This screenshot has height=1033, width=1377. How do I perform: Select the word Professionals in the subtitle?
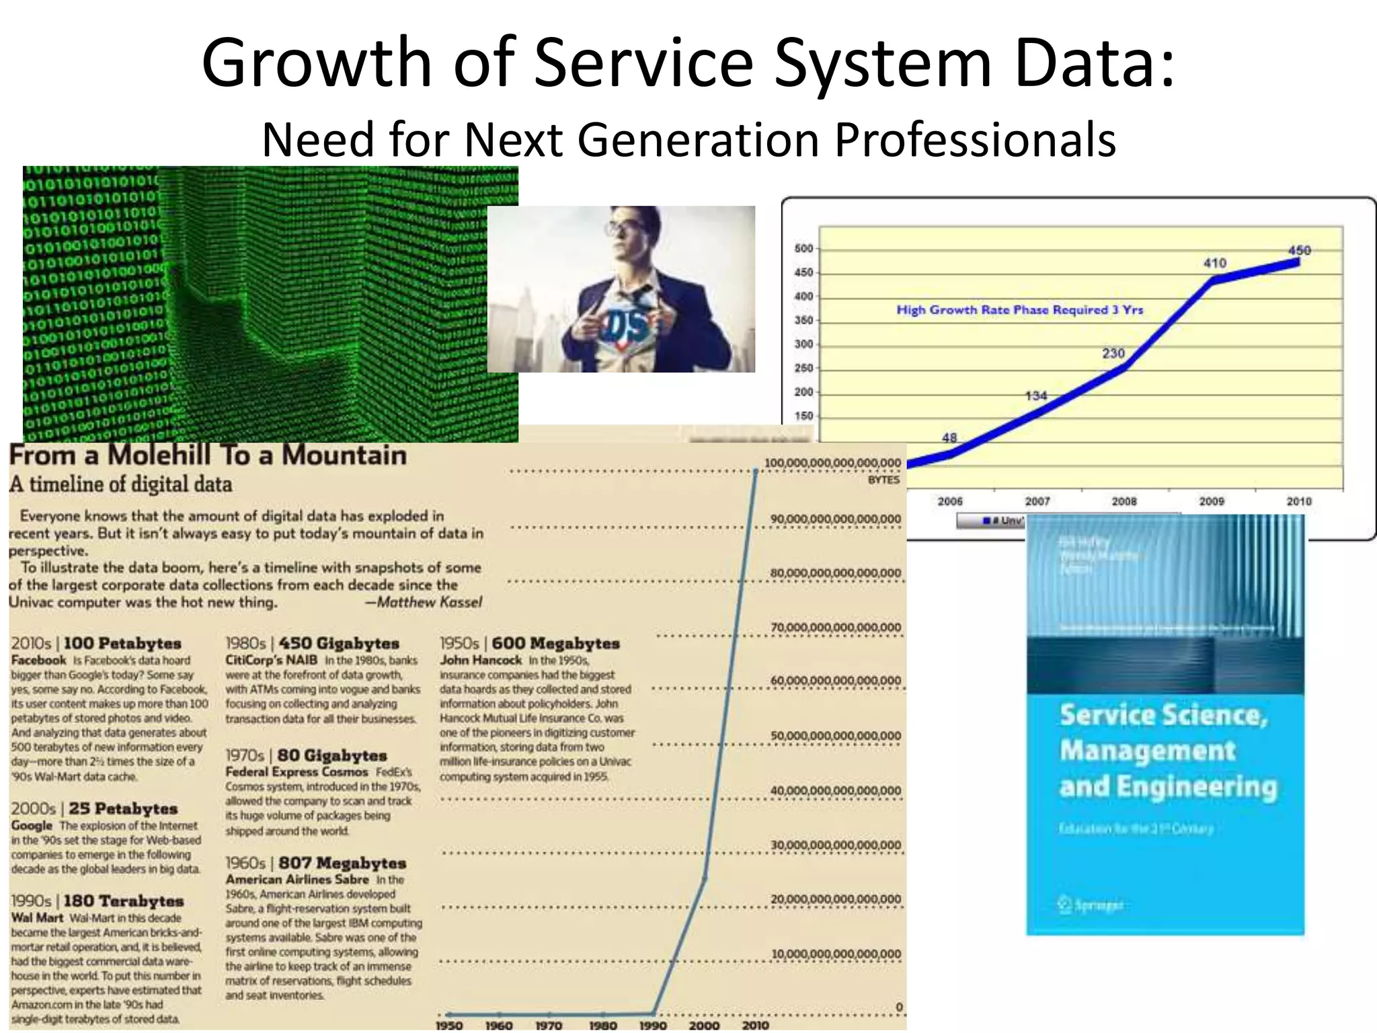(x=975, y=139)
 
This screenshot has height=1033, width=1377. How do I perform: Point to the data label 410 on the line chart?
(x=1214, y=263)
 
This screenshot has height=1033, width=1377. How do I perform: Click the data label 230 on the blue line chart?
(x=1113, y=353)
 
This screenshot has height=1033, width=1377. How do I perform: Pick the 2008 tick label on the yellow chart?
(x=1124, y=501)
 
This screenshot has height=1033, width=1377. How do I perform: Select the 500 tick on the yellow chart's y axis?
(x=803, y=248)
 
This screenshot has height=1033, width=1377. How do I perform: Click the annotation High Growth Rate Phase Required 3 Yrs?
(x=1019, y=310)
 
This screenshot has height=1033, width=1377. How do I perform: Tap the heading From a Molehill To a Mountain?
(x=208, y=455)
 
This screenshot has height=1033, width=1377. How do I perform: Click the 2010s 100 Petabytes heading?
(x=96, y=644)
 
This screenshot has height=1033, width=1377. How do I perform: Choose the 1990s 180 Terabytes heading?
(x=97, y=901)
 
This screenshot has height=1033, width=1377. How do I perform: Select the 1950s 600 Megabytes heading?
(x=530, y=644)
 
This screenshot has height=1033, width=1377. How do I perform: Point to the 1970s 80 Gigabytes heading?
(x=306, y=756)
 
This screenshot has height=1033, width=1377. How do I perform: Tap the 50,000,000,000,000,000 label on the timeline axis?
(x=835, y=736)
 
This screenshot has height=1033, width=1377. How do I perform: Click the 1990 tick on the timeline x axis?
(x=653, y=1026)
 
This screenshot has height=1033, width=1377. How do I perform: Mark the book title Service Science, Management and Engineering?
(x=1166, y=750)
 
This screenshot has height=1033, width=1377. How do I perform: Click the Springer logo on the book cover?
(x=1090, y=905)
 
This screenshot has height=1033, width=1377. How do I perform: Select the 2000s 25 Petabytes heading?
(x=94, y=809)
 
